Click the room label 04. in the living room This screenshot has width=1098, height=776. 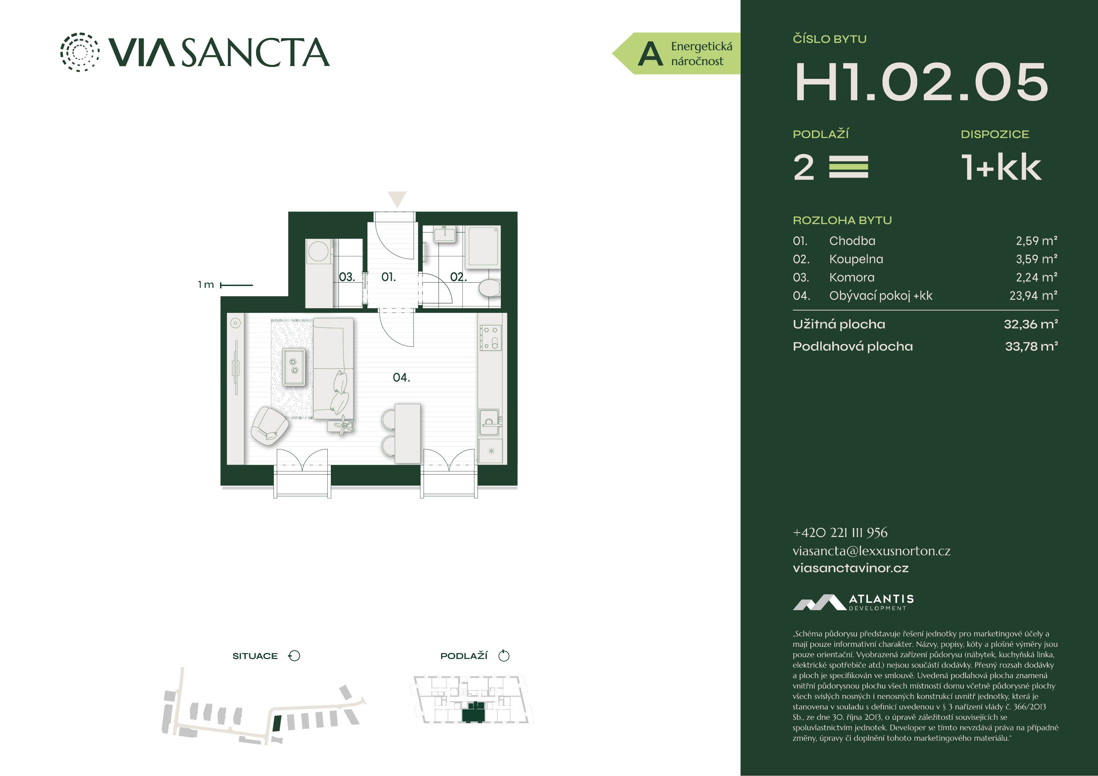[401, 378]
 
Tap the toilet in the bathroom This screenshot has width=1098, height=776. [489, 288]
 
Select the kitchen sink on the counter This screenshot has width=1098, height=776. [490, 422]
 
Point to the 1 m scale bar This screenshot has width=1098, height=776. [236, 285]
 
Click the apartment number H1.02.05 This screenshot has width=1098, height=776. [921, 82]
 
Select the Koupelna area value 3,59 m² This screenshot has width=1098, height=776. [1036, 259]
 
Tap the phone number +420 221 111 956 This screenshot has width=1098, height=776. [840, 532]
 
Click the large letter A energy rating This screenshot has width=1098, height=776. [650, 54]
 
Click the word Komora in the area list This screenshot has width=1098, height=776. [852, 277]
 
